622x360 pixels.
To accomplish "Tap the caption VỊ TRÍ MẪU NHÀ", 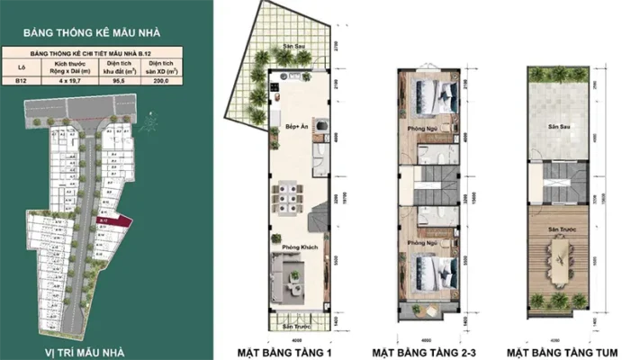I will (x=87, y=349).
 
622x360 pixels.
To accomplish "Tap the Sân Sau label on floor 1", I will (x=286, y=46).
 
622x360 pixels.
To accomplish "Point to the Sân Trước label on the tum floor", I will (x=563, y=231).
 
